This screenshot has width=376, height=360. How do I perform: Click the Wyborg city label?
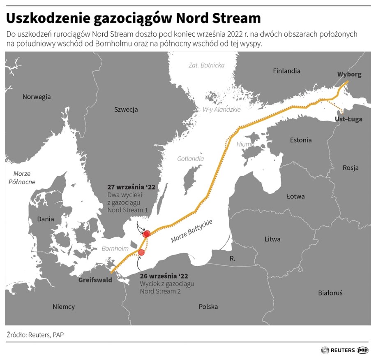click(x=349, y=74)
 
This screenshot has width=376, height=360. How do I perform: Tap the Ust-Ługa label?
click(x=348, y=119)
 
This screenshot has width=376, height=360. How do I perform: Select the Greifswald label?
click(x=95, y=280)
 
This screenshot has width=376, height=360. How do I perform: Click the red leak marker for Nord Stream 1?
click(x=146, y=234)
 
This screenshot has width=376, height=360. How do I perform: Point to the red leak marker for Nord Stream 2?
click(x=141, y=252)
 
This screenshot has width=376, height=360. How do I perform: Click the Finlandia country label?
click(x=286, y=71)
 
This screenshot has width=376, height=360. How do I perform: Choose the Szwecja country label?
click(x=126, y=109)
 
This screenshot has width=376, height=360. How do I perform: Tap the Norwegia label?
click(x=37, y=97)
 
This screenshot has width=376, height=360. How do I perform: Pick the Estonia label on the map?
click(x=300, y=140)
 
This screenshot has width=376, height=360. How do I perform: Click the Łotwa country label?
click(x=295, y=196)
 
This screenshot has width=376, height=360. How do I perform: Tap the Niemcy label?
click(x=64, y=307)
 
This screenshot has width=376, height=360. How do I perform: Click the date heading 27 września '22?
click(x=131, y=187)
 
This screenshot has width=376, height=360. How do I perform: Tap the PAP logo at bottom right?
click(x=363, y=350)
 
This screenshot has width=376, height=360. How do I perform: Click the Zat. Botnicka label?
click(x=206, y=65)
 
